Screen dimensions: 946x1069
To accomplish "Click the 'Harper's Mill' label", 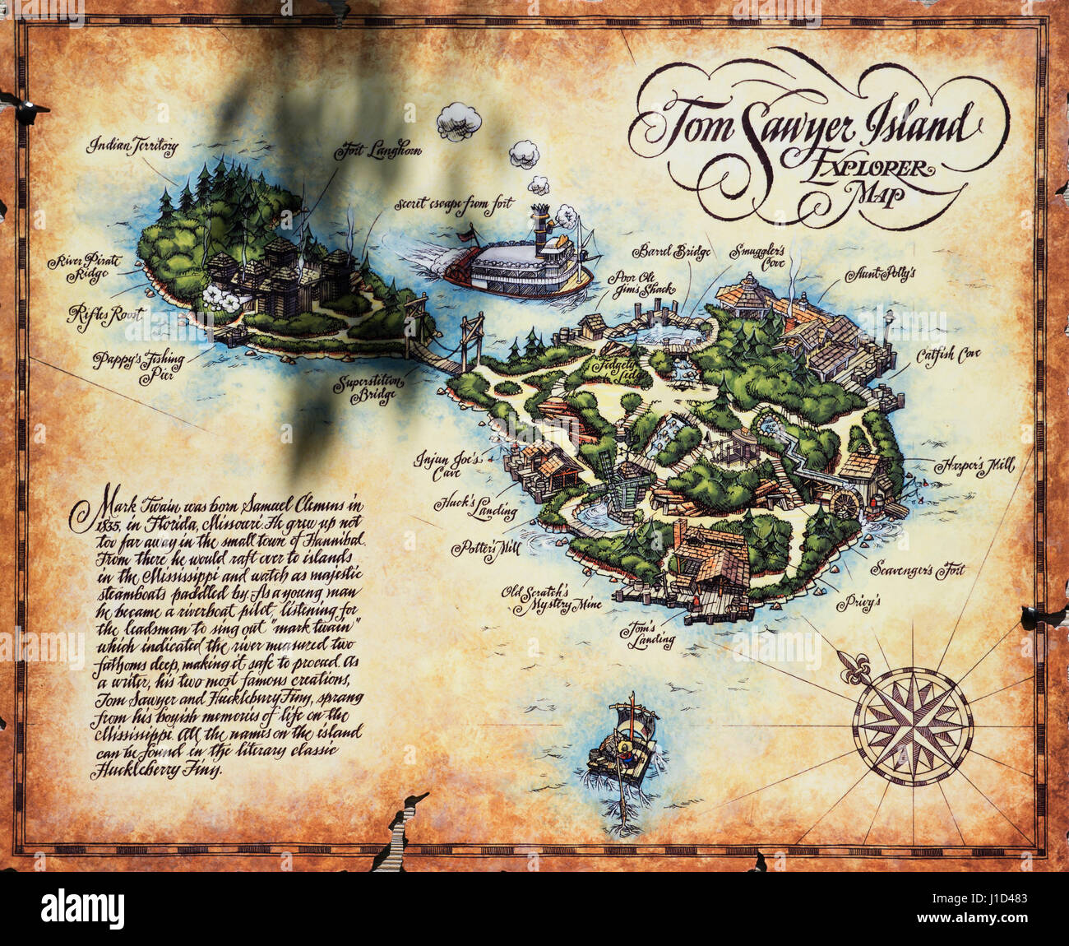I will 974,466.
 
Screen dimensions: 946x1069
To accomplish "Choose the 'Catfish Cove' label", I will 949,355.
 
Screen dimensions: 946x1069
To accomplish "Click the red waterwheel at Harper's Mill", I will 844,503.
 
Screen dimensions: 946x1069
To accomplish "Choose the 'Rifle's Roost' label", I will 105,313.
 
